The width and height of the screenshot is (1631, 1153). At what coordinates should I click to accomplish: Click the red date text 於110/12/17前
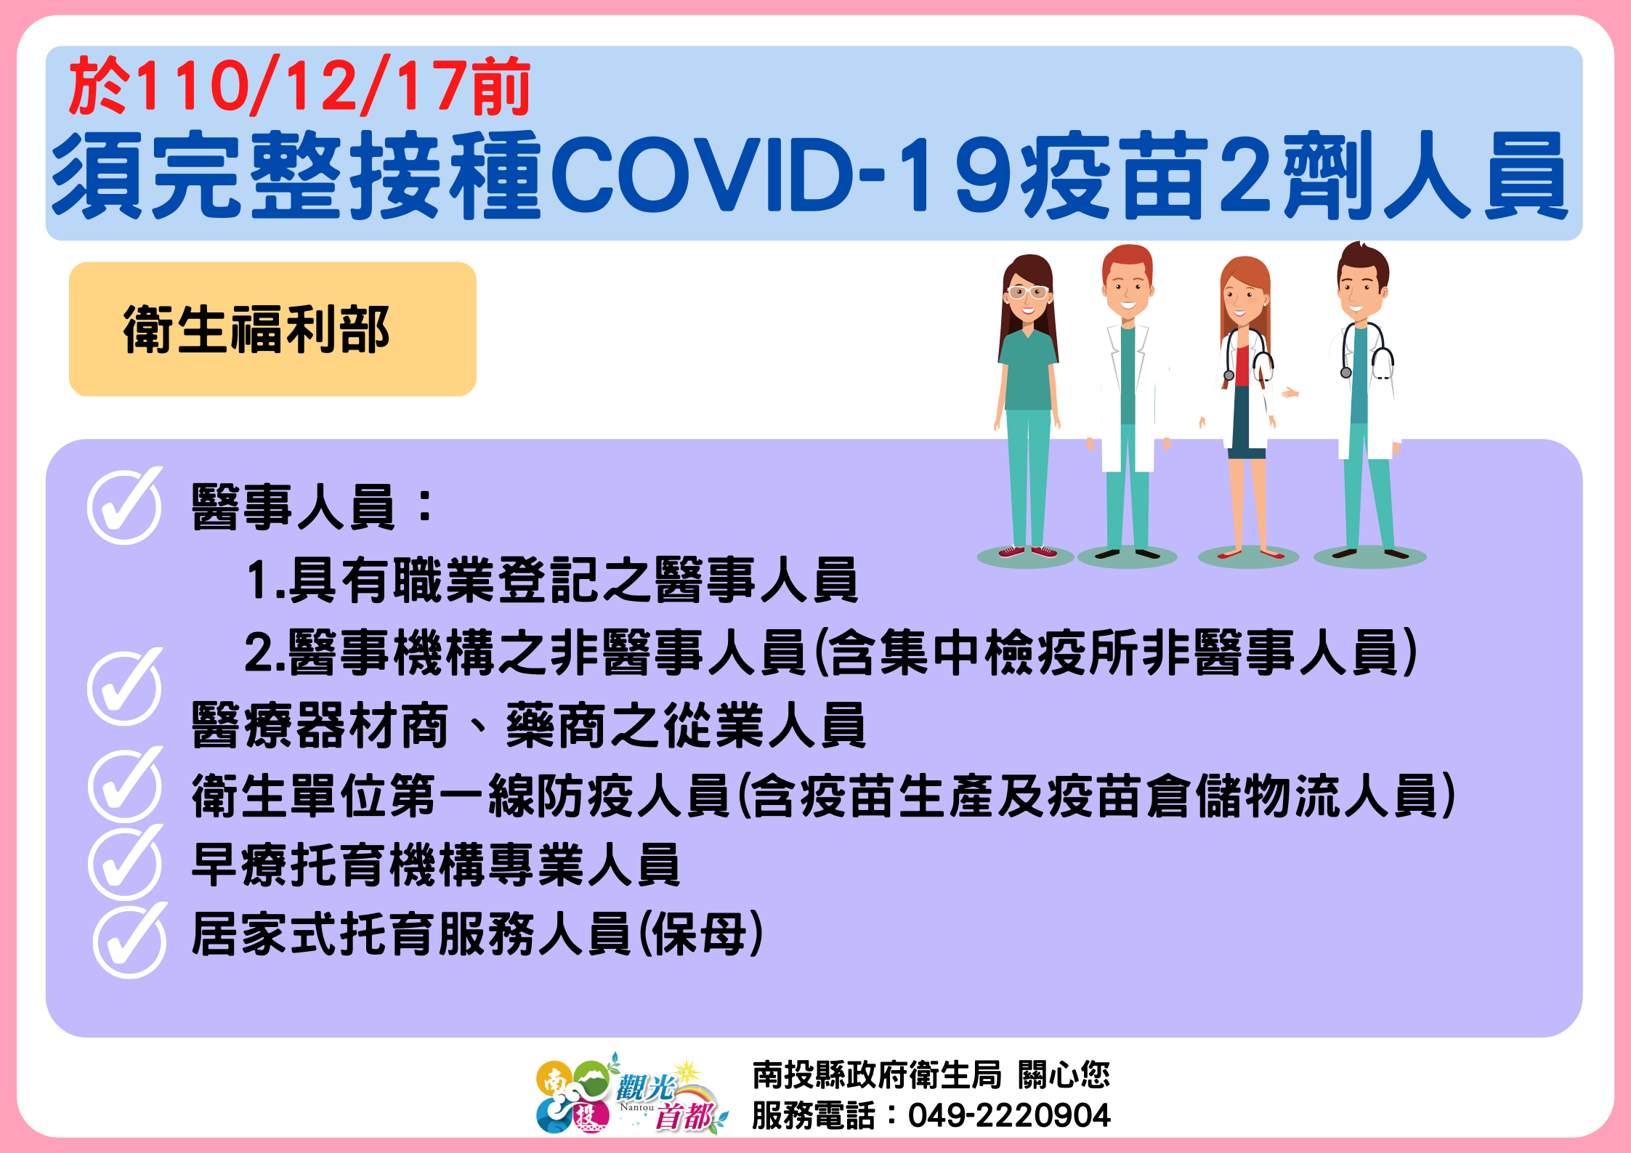pos(300,86)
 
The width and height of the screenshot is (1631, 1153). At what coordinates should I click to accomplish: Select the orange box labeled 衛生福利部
pos(272,329)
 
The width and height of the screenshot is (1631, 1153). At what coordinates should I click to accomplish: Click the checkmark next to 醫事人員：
pos(125,506)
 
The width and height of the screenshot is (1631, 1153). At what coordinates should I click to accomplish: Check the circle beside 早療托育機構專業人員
pos(125,863)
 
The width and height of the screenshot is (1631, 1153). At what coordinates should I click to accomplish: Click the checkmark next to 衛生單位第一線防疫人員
pos(125,785)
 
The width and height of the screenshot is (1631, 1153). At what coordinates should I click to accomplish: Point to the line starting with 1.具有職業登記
pos(552,580)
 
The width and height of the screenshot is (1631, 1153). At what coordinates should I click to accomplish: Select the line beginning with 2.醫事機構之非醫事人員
pos(830,652)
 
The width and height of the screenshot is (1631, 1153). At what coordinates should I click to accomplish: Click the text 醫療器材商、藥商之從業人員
pos(528,725)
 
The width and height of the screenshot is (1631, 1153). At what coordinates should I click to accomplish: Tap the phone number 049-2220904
pos(1009,1115)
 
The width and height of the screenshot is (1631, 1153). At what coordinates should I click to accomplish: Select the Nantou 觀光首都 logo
pos(631,1094)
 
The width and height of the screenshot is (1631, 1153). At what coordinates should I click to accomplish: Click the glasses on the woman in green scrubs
pos(1027,294)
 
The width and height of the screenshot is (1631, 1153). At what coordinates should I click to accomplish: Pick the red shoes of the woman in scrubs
pos(1027,551)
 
